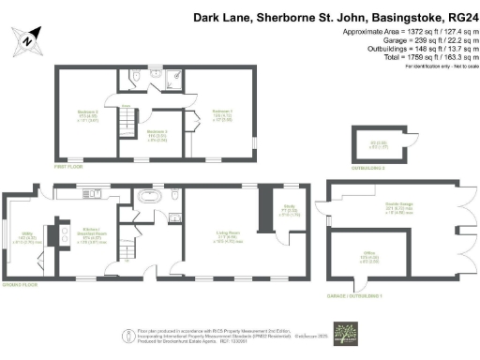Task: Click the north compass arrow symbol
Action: click(28, 39)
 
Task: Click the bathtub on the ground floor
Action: click(150, 198)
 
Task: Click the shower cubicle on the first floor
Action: click(175, 79)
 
